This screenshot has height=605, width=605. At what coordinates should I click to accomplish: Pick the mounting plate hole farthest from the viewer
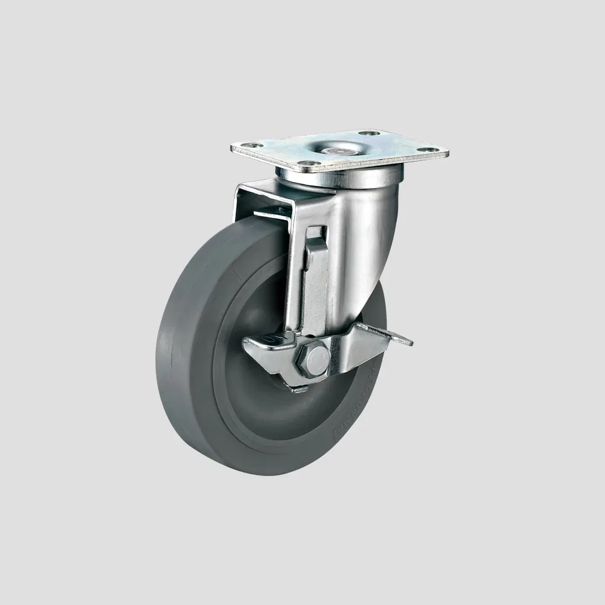pos(369,132)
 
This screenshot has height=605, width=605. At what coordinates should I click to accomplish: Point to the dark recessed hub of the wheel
pos(254,375)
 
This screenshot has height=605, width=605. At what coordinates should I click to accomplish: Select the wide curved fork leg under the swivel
pos(357,242)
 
